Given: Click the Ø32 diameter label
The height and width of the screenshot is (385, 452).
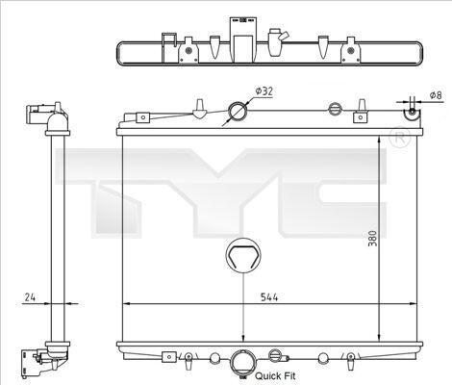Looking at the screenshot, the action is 264,91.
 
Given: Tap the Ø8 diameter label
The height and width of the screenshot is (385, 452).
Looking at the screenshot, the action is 436,95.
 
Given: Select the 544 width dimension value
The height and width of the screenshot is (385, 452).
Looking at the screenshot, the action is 269,297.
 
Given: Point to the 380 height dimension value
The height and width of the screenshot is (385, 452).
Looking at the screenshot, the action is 372,238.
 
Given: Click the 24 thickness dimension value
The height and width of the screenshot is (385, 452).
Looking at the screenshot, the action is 30,297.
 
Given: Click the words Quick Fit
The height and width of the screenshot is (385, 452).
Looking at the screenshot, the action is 275,375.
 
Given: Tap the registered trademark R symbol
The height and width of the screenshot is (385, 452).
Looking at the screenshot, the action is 399,138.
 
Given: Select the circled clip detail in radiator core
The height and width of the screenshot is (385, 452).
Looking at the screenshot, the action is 243,256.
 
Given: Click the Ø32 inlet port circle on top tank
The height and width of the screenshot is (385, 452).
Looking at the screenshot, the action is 238,111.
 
